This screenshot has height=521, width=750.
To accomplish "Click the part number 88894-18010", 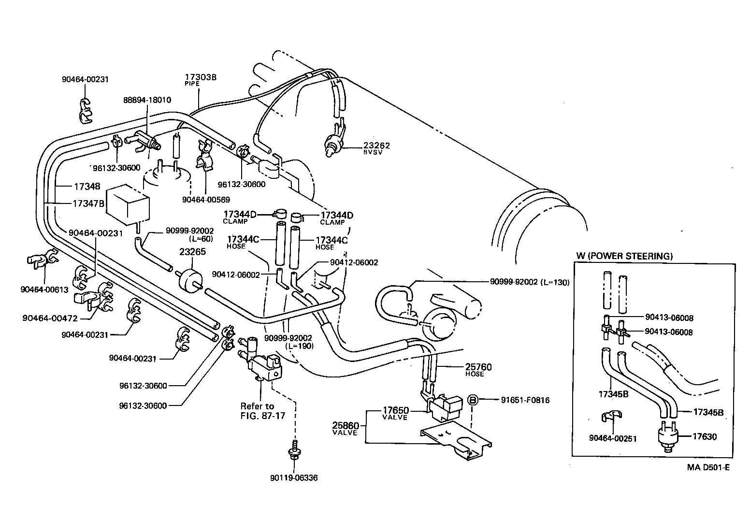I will [x=147, y=100].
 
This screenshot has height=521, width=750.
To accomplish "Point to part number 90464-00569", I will [x=206, y=199].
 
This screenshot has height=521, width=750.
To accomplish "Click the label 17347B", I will [x=88, y=203].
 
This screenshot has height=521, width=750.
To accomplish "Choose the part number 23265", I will [x=192, y=252].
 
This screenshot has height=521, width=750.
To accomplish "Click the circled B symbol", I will [x=473, y=400].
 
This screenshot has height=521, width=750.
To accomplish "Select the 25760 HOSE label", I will [x=478, y=369].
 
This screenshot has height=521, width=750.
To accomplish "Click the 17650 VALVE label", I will [x=396, y=413].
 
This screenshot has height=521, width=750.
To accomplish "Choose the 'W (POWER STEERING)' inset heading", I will [x=624, y=256].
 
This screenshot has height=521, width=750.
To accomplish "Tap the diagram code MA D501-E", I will [x=708, y=467].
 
